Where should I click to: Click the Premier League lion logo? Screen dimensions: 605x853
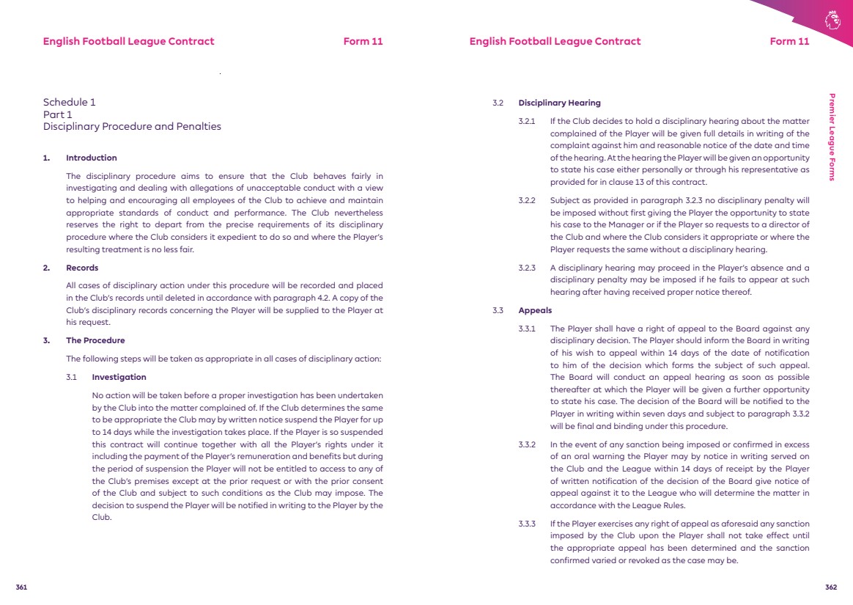(x=831, y=20)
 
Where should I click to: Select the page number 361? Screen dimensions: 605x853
(x=21, y=587)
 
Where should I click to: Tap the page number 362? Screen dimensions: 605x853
(x=830, y=587)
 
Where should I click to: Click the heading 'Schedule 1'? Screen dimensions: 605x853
(x=69, y=103)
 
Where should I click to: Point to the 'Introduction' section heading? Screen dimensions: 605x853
(x=91, y=158)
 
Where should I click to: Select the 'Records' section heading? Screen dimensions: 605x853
(x=82, y=268)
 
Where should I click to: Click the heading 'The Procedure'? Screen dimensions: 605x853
(x=95, y=340)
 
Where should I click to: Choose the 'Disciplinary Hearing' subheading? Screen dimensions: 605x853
(x=559, y=103)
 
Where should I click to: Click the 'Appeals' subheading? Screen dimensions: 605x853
(x=535, y=311)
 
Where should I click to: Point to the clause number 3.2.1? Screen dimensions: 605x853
(x=527, y=121)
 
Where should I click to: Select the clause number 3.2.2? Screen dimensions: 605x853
(x=527, y=200)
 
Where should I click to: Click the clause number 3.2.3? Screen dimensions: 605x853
(x=527, y=268)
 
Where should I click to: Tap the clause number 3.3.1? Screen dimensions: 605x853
(x=527, y=329)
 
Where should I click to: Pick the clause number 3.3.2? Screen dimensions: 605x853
(x=527, y=444)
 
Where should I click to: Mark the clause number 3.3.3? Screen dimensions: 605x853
(x=527, y=524)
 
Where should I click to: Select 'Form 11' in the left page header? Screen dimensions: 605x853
(x=363, y=41)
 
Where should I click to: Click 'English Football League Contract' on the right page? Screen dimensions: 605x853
(x=555, y=41)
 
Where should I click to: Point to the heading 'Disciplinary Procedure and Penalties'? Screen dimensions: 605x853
(x=132, y=126)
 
